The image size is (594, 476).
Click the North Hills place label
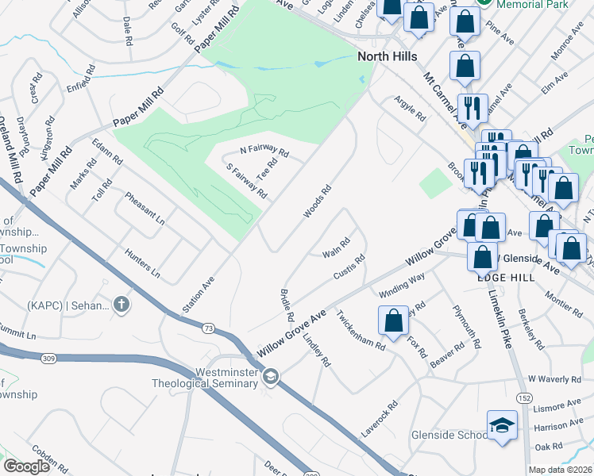click(x=388, y=56)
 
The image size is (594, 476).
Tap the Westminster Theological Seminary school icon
click(x=271, y=376)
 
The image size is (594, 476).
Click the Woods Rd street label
click(x=316, y=203)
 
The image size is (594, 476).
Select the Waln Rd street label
click(x=336, y=248)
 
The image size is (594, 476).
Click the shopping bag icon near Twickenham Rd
click(x=393, y=321)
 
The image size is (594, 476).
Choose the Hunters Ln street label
click(x=143, y=263)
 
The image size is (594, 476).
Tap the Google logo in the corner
click(x=27, y=466)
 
